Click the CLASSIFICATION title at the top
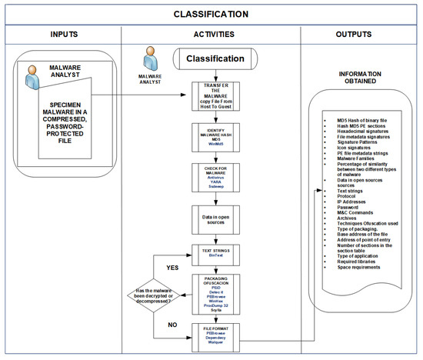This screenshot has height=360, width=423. [211, 14]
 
